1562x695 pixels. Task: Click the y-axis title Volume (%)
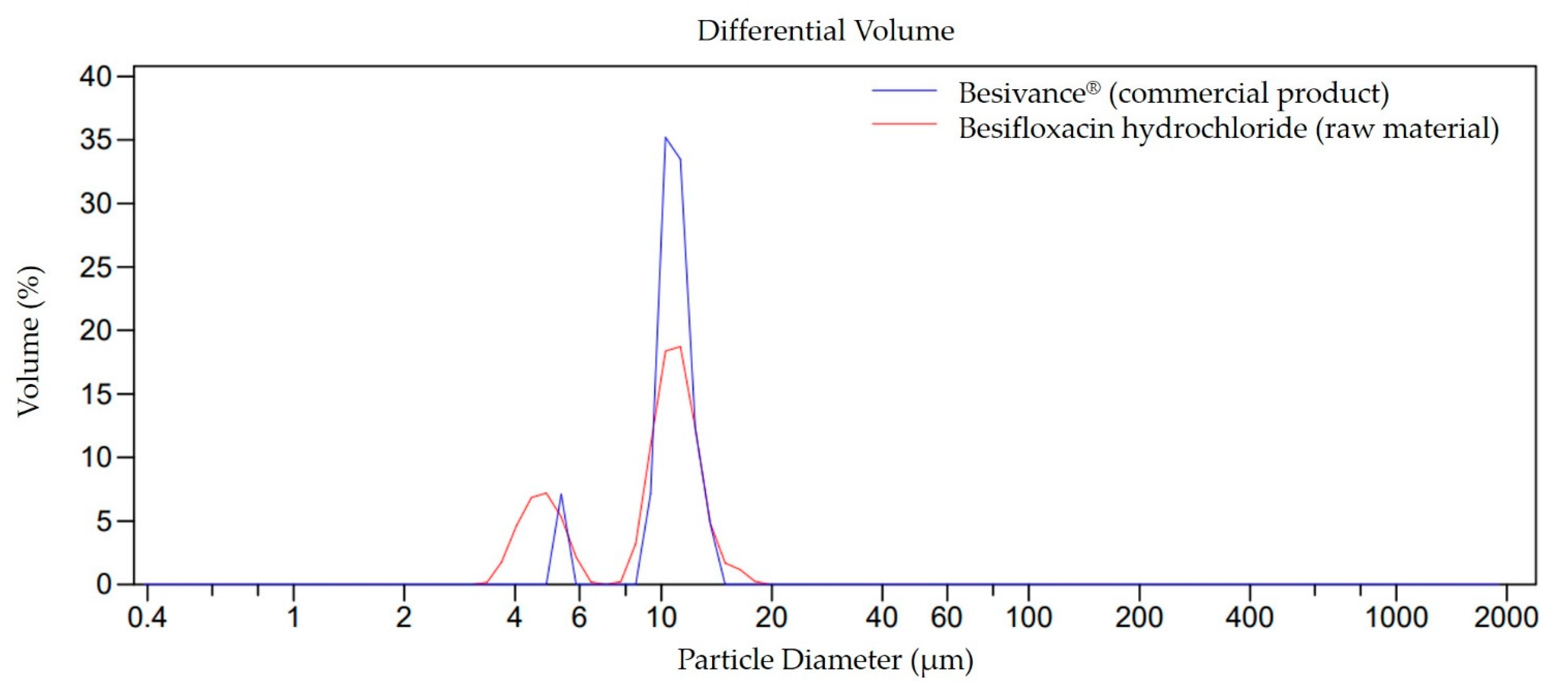29,341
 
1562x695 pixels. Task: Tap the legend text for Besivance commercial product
1173,93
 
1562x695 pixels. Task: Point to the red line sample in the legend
904,124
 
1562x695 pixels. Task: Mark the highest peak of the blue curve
665,138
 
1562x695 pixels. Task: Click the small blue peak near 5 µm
561,494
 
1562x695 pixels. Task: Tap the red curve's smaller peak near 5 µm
546,493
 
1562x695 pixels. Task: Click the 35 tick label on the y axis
96,140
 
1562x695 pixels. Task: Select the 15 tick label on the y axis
96,394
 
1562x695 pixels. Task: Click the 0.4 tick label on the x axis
147,617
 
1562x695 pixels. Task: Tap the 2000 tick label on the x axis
1506,617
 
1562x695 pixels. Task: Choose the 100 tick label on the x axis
1028,617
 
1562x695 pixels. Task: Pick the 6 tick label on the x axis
579,617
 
